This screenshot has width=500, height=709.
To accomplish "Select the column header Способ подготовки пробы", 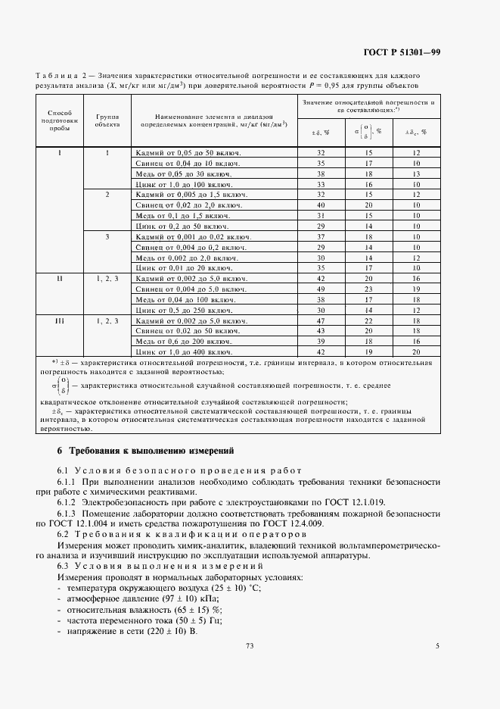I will click(60, 121).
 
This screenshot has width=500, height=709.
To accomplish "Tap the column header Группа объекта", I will click(107, 121).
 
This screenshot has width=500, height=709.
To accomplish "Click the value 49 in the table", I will click(320, 289).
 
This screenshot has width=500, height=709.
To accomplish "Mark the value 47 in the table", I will click(320, 321).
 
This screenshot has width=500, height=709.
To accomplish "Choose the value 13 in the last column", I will click(415, 173).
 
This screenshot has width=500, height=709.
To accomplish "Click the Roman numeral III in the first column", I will click(59, 321).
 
